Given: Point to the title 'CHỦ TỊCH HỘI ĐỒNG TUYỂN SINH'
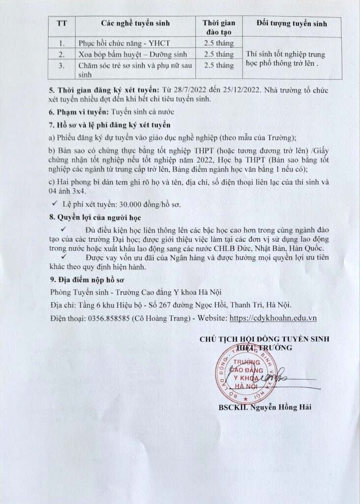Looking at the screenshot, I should [x=264, y=340].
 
